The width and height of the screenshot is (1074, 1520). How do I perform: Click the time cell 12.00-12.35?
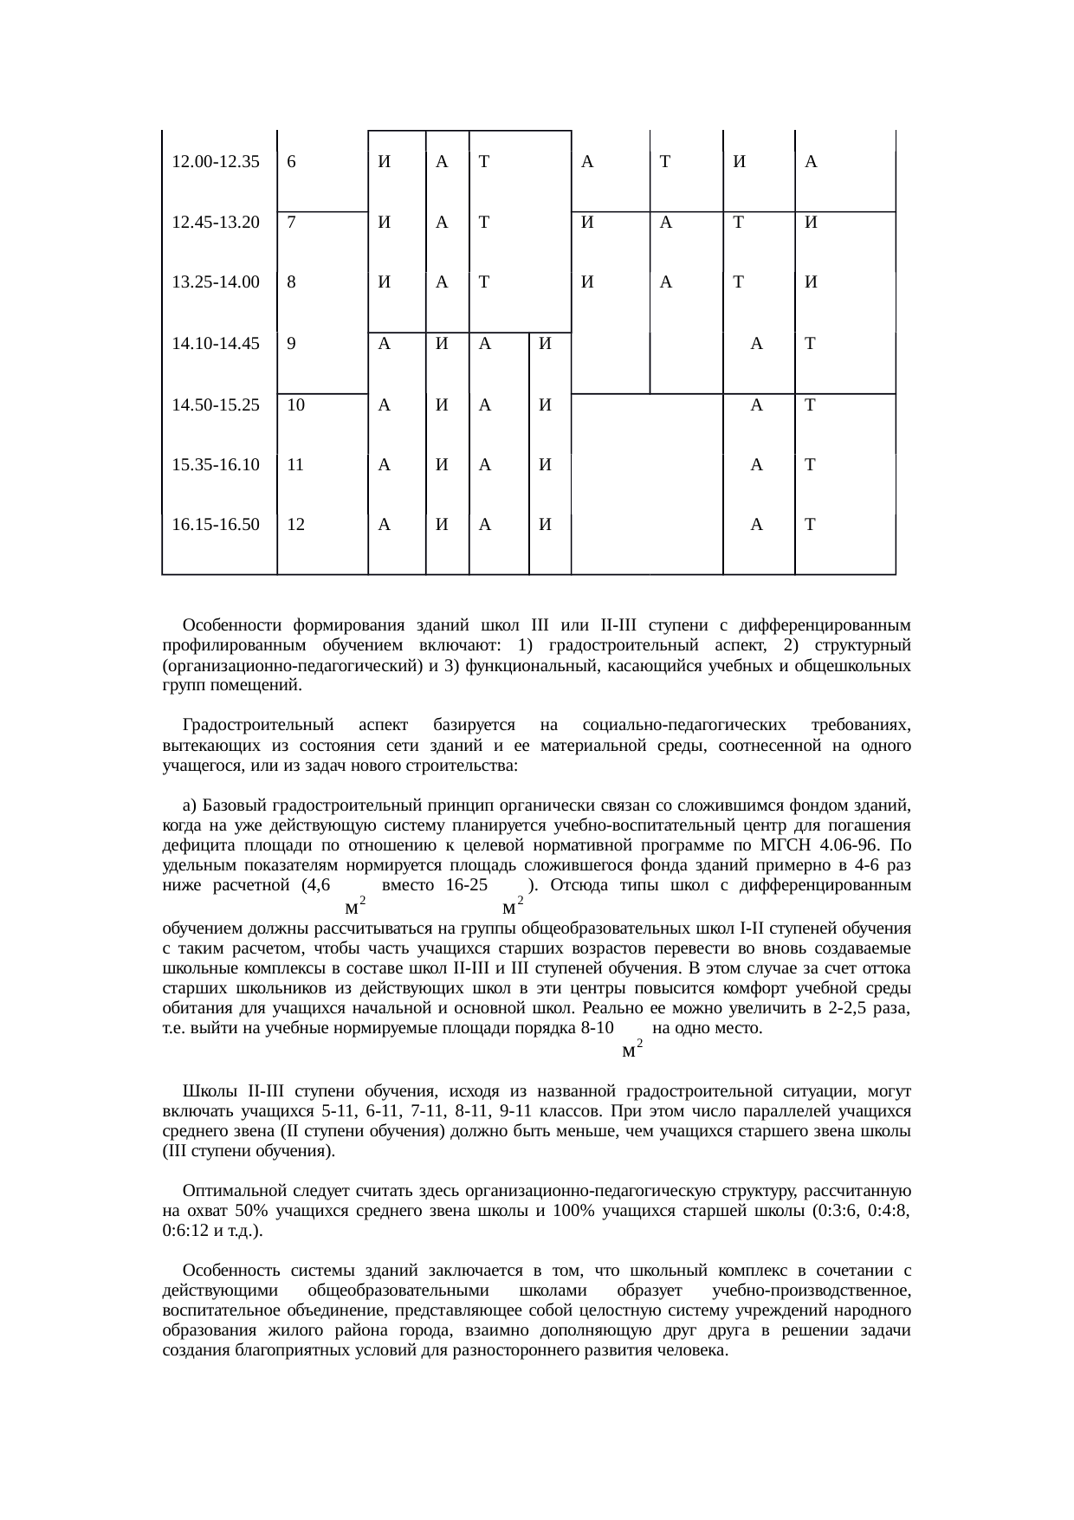pos(217,161)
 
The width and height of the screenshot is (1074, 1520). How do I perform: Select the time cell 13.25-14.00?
pos(217,281)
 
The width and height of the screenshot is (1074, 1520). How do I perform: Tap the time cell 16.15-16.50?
pos(217,524)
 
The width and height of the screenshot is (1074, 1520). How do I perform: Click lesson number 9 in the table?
pos(293,343)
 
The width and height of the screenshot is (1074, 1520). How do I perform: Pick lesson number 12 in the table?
pos(295,524)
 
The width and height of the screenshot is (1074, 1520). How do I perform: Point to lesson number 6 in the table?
pos(293,161)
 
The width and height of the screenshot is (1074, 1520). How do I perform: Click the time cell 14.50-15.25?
pos(217,404)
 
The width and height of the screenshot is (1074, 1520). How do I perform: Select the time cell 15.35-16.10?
pos(217,464)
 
